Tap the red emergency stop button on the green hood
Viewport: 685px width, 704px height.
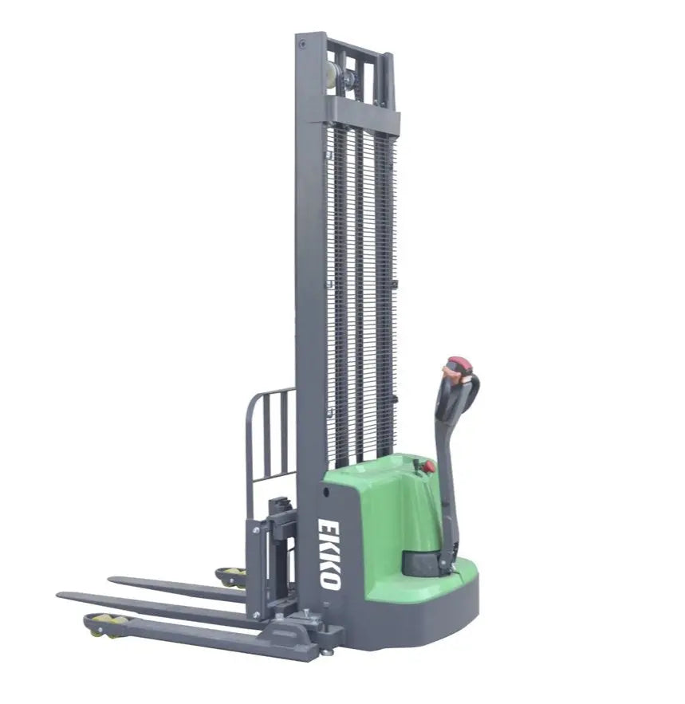(x=428, y=466)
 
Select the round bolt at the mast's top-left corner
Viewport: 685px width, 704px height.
(x=302, y=45)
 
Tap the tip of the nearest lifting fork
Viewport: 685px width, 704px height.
(x=64, y=596)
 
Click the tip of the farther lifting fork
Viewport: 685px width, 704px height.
(x=114, y=580)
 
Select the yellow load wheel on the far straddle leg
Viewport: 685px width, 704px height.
(x=232, y=574)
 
